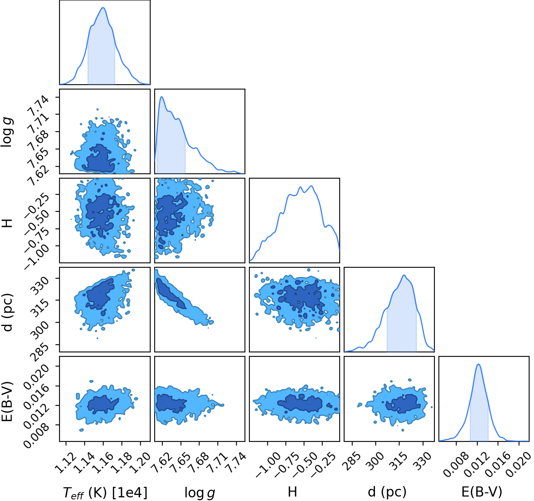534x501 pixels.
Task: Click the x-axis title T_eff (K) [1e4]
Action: point(105,493)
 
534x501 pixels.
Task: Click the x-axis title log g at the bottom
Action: point(200,493)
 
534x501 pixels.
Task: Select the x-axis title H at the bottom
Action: point(293,492)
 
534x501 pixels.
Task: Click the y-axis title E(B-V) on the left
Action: point(8,401)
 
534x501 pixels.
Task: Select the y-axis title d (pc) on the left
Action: point(8,313)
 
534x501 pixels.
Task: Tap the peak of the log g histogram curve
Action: point(162,96)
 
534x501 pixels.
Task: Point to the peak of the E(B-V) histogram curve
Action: point(479,365)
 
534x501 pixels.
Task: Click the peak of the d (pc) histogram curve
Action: point(404,275)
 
